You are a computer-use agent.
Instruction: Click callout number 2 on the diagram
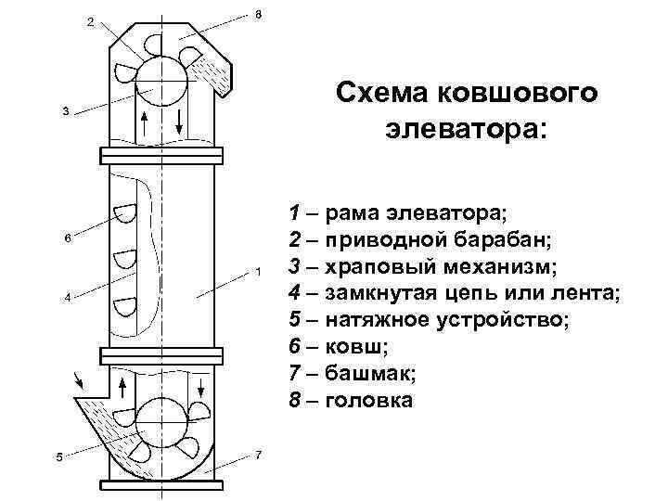(90, 21)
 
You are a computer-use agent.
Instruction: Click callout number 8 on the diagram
(257, 14)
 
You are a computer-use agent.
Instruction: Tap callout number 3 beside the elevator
(64, 111)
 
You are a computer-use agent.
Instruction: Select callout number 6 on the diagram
(67, 238)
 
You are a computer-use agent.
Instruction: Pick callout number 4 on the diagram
(67, 298)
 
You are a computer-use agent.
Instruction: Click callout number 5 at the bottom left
(58, 457)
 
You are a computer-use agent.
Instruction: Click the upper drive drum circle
(161, 83)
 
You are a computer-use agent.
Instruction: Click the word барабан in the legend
(507, 240)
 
